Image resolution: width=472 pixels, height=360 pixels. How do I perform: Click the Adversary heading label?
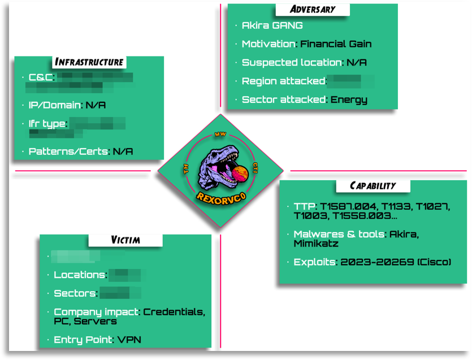pyautogui.click(x=312, y=9)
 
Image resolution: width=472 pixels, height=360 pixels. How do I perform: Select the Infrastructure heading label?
pyautogui.click(x=89, y=62)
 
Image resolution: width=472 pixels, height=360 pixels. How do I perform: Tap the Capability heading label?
pyautogui.click(x=373, y=185)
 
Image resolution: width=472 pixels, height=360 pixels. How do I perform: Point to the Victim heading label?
pyautogui.click(x=125, y=240)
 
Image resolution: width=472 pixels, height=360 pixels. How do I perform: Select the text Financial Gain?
pyautogui.click(x=336, y=44)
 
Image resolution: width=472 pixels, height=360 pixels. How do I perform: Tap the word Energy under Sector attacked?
pyautogui.click(x=349, y=100)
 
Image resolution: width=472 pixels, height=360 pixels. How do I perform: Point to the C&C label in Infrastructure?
pyautogui.click(x=41, y=77)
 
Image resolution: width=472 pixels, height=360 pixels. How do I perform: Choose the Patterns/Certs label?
pyautogui.click(x=68, y=151)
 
